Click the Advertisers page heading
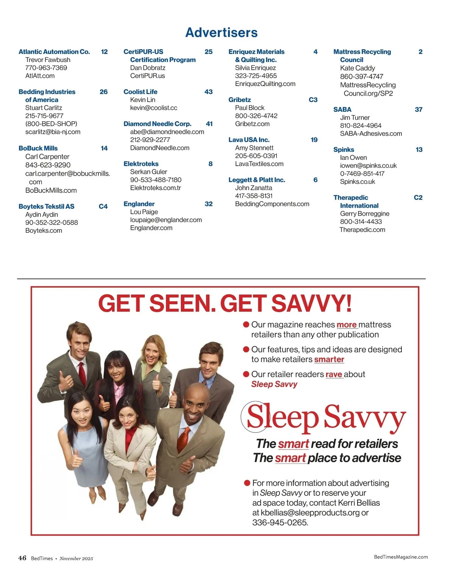pyautogui.click(x=221, y=33)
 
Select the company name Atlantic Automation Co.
pyautogui.click(x=54, y=52)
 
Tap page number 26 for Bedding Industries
pyautogui.click(x=103, y=92)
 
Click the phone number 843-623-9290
pyautogui.click(x=48, y=165)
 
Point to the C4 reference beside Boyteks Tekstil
pyautogui.click(x=103, y=206)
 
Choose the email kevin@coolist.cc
pyautogui.click(x=154, y=108)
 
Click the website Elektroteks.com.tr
pyautogui.click(x=155, y=188)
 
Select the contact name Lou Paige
pyautogui.click(x=144, y=212)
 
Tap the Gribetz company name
pyautogui.click(x=239, y=100)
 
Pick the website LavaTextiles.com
pyautogui.click(x=259, y=164)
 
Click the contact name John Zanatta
pyautogui.click(x=253, y=188)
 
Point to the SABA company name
pyautogui.click(x=342, y=110)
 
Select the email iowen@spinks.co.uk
pyautogui.click(x=368, y=166)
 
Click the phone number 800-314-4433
pyautogui.click(x=361, y=222)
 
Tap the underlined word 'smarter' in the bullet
pyautogui.click(x=329, y=359)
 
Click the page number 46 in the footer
pyautogui.click(x=22, y=558)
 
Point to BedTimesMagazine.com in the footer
pyautogui.click(x=401, y=557)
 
